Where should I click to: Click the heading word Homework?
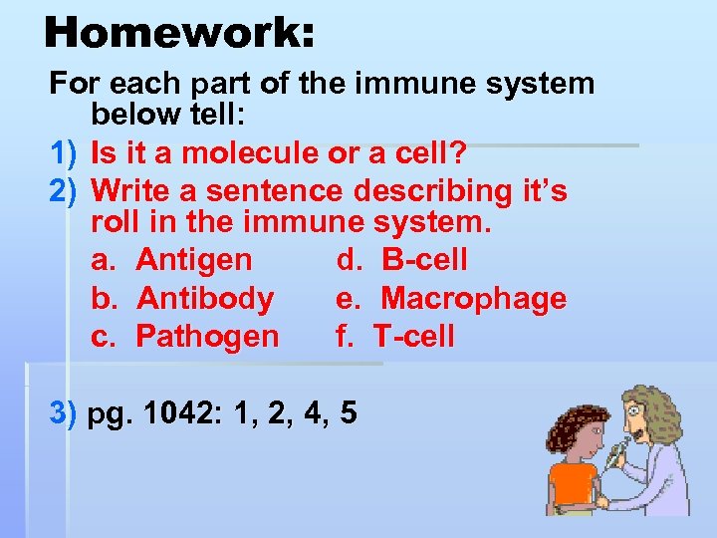(179, 32)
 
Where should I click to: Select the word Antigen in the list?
(194, 260)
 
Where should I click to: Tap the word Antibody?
(205, 298)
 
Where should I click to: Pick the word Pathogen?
(207, 336)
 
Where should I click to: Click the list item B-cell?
(424, 260)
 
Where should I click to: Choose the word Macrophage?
(474, 298)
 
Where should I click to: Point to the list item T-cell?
(414, 336)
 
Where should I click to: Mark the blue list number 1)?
(64, 154)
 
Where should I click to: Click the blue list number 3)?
(64, 412)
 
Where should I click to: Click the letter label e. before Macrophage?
(348, 298)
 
